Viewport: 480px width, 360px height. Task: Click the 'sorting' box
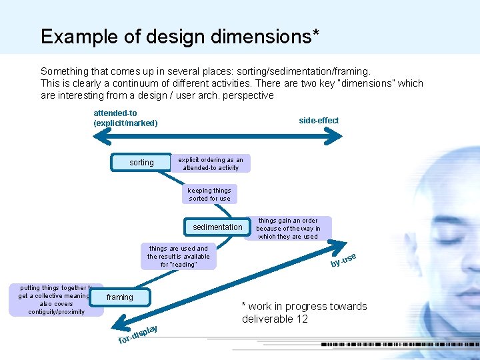tap(141, 162)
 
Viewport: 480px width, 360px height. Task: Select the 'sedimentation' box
tap(217, 227)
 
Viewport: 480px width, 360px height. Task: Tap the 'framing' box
tap(120, 297)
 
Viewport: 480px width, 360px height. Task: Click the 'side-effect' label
tap(319, 121)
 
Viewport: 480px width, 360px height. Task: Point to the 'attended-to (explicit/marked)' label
tap(125, 118)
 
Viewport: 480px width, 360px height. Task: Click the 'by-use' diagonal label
tap(344, 261)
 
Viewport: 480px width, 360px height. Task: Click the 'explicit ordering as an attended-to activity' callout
tap(211, 163)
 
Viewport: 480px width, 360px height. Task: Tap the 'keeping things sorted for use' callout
tap(209, 195)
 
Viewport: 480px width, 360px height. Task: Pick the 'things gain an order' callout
tap(288, 228)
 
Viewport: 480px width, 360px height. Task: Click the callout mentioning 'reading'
tap(179, 257)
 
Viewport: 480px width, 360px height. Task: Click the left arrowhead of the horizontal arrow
tap(98, 137)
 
